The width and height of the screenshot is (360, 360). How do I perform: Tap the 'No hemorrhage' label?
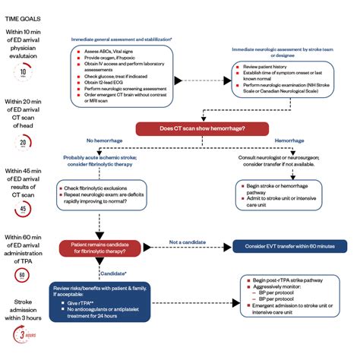coord(103,141)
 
